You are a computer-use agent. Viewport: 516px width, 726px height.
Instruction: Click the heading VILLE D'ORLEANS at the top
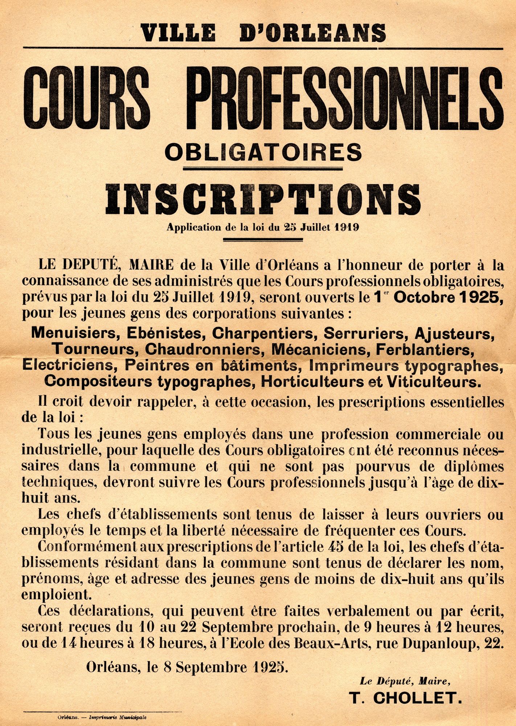click(263, 33)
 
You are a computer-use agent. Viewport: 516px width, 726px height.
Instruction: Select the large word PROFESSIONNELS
click(347, 98)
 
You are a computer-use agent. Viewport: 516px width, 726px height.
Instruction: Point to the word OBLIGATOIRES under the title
click(263, 152)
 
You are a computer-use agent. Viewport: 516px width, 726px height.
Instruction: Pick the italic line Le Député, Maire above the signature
click(405, 681)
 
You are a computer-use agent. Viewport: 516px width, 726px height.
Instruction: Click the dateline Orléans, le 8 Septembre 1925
click(187, 666)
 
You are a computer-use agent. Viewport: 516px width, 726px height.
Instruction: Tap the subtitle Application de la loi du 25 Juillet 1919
click(263, 228)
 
